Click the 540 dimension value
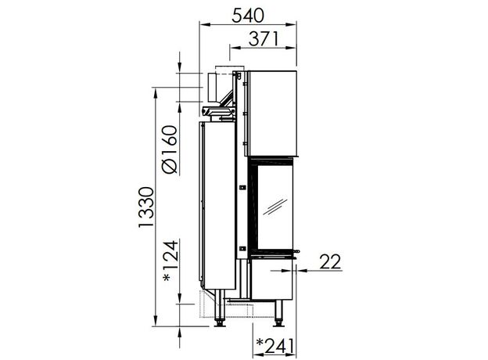tap(248, 16)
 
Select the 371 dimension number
tap(264, 38)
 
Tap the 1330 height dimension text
tap(146, 207)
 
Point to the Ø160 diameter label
tap(170, 149)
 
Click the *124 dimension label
tap(171, 261)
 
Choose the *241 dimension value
tap(274, 346)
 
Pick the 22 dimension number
tap(330, 262)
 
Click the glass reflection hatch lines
tap(274, 207)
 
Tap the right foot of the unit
tap(278, 313)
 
